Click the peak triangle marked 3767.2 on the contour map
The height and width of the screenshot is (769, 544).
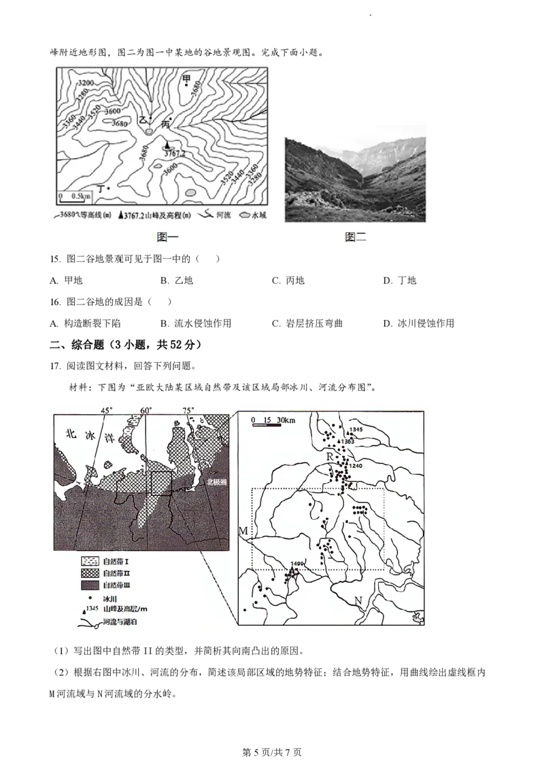[x=166, y=145]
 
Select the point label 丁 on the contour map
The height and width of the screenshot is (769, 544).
[x=102, y=187]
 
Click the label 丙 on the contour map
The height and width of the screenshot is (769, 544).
[x=164, y=124]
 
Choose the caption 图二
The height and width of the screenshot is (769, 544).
[x=355, y=236]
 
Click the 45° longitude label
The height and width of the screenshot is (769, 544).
[x=106, y=410]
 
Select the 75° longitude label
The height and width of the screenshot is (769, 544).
[x=188, y=410]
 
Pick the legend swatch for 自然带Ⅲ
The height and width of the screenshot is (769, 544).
[x=90, y=585]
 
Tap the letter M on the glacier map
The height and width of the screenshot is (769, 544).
[x=243, y=530]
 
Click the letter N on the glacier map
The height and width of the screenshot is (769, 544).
[x=358, y=600]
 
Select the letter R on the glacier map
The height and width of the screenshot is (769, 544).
[x=330, y=457]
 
